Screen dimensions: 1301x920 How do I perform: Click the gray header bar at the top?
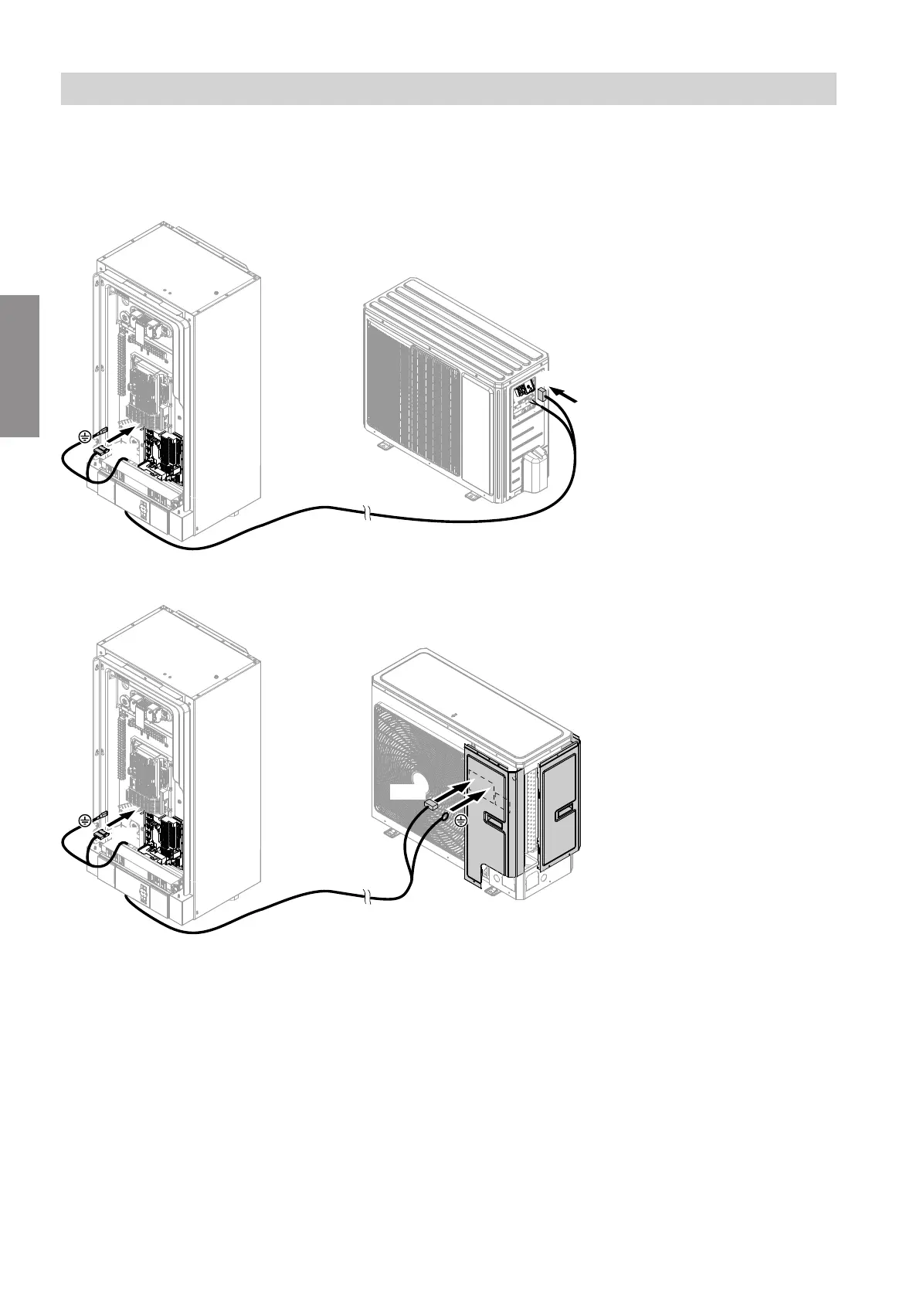point(448,89)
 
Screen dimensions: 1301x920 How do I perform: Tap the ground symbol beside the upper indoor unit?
point(84,437)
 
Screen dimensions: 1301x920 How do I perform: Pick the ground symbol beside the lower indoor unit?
point(84,821)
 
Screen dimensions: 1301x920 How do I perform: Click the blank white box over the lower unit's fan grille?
point(404,793)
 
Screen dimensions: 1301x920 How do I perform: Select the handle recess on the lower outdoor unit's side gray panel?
point(563,810)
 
